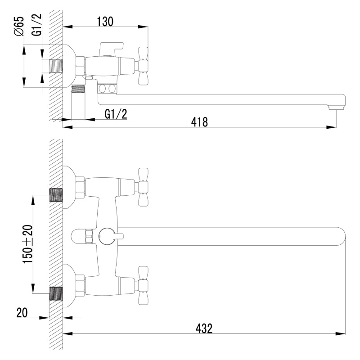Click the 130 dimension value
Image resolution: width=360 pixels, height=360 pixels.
[x=105, y=22]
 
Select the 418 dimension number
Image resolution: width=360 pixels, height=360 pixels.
[x=199, y=122]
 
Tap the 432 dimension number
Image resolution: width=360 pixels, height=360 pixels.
[x=204, y=328]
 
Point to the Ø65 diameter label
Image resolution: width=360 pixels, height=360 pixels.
[x=19, y=26]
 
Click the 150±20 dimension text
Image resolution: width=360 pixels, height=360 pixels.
[x=28, y=244]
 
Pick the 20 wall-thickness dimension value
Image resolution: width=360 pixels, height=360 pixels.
[x=22, y=312]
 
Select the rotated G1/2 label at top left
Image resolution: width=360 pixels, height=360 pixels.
[x=37, y=25]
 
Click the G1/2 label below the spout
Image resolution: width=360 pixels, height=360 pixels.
[x=116, y=114]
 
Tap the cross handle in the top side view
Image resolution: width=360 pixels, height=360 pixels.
[x=143, y=66]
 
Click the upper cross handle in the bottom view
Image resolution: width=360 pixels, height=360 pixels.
[x=143, y=187]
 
